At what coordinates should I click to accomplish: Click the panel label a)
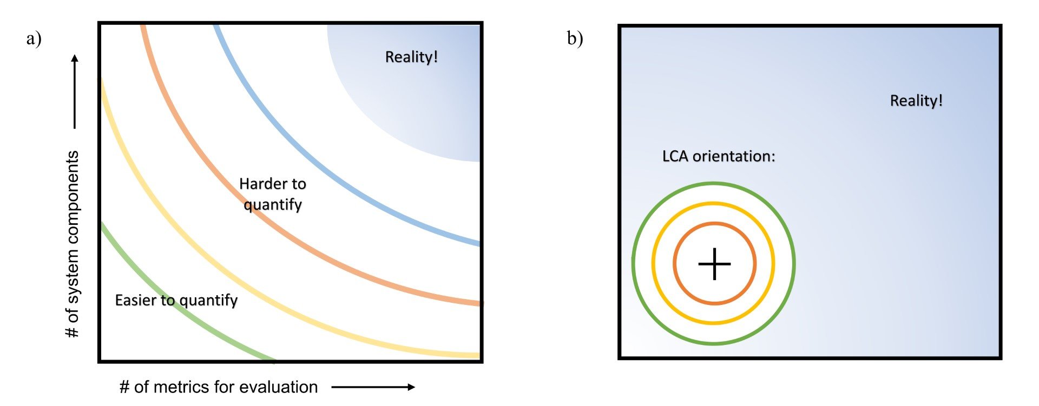point(34,38)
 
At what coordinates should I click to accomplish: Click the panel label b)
point(575,38)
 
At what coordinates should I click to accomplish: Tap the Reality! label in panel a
point(411,57)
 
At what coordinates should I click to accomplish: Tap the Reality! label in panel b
point(916,101)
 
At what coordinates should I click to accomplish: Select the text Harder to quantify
point(273,194)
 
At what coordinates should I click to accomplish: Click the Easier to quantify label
point(176,300)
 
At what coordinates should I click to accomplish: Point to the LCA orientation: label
point(719,156)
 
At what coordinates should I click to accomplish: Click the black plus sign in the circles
point(714,264)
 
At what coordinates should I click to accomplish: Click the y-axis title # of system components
point(72,244)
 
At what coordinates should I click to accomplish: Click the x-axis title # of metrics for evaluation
point(218,387)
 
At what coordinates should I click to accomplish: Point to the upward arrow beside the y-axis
point(75,91)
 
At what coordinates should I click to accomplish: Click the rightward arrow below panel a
point(373,387)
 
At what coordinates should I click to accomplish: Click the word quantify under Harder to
point(273,205)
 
